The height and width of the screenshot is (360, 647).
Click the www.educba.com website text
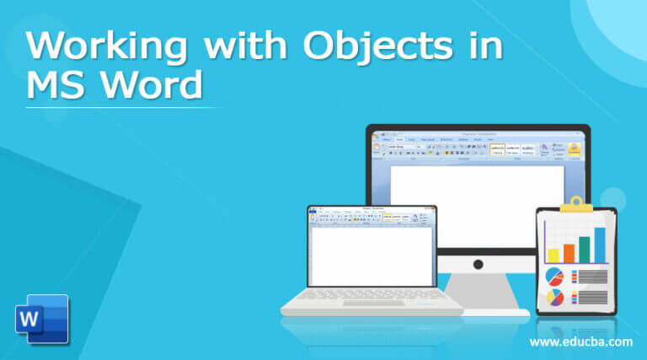coord(580,341)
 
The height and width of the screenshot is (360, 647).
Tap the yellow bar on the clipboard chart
coord(553,255)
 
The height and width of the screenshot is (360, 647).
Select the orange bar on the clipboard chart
coord(569,252)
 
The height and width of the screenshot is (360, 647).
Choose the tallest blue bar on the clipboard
coord(600,244)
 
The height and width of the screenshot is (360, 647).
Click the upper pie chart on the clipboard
coord(554,277)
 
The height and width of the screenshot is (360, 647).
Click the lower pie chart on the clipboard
coord(554,297)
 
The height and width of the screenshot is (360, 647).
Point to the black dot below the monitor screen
coord(479,264)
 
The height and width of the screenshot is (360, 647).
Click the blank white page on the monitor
coord(477,202)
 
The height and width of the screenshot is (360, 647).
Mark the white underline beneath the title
coord(123,107)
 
